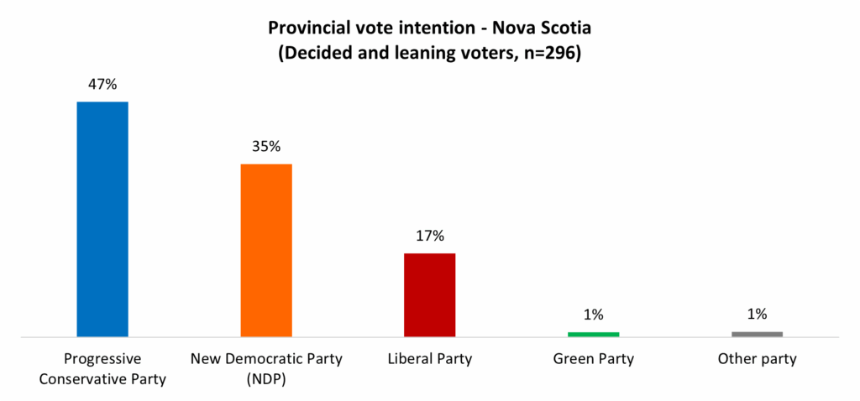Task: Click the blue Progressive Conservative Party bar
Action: [102, 219]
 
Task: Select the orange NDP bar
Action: [266, 250]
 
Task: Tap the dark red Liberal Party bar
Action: [430, 294]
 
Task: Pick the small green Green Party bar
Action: [593, 334]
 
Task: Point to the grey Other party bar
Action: [757, 334]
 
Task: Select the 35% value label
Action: [266, 146]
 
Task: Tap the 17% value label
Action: [430, 236]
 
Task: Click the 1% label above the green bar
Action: [593, 315]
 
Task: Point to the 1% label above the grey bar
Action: [757, 315]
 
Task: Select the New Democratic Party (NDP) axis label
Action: [266, 369]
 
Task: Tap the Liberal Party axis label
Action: [430, 360]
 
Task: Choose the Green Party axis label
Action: [593, 360]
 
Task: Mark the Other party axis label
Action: [757, 360]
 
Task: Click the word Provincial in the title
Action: [308, 27]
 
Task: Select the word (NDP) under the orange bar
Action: [266, 378]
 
